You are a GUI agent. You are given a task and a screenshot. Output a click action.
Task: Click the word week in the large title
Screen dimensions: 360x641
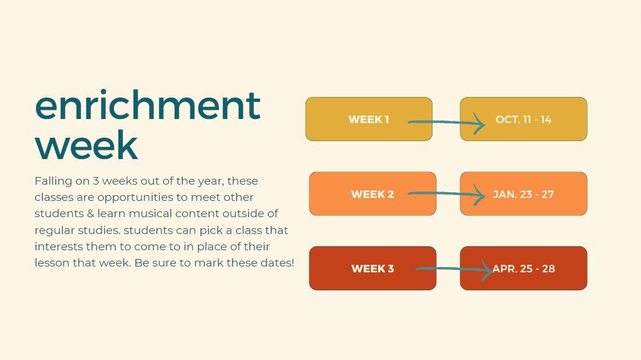pos(86,145)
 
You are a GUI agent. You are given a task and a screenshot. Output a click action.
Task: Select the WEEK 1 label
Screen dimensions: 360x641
pos(369,120)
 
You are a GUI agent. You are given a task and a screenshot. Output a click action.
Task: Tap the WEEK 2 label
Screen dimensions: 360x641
pos(372,195)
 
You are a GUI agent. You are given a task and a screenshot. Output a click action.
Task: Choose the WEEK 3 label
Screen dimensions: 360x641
pos(372,269)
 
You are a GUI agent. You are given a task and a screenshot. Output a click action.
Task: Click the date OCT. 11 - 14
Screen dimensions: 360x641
pos(523,120)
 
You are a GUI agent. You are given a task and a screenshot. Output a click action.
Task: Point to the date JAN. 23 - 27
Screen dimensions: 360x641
pos(523,195)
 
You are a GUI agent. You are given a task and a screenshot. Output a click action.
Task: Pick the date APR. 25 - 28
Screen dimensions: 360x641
pos(524,269)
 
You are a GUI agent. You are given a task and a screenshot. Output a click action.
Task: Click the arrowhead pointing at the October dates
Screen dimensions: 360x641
pos(480,123)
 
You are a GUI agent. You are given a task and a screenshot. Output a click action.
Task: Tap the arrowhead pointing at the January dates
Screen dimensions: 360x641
pos(480,195)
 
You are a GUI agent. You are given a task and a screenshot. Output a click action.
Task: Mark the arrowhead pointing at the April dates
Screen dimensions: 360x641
pos(487,269)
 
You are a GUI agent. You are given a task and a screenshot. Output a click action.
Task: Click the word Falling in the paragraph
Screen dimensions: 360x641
pos(54,181)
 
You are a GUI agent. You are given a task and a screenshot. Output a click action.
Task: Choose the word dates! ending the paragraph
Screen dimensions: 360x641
pos(276,263)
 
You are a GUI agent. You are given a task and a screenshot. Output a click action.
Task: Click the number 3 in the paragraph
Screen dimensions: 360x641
pos(96,181)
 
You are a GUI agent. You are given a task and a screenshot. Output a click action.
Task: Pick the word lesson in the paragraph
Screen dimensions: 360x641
pos(52,263)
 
